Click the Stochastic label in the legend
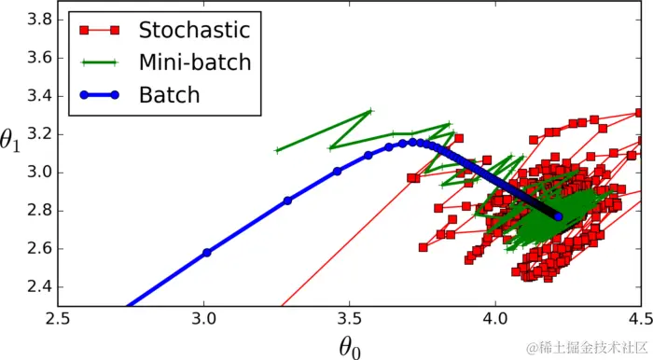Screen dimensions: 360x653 (x=194, y=30)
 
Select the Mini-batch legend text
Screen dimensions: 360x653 (x=195, y=62)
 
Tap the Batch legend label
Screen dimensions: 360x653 (x=169, y=94)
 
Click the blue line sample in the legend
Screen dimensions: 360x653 (x=96, y=94)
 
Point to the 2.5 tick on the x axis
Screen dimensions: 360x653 (x=58, y=319)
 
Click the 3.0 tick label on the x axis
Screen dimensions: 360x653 (x=203, y=319)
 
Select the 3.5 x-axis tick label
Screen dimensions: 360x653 (x=350, y=319)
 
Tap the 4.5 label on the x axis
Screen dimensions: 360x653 (x=641, y=319)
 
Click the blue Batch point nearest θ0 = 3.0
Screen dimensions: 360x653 (x=207, y=253)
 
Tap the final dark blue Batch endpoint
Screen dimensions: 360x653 (x=558, y=216)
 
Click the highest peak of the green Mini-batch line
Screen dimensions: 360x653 (x=370, y=111)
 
